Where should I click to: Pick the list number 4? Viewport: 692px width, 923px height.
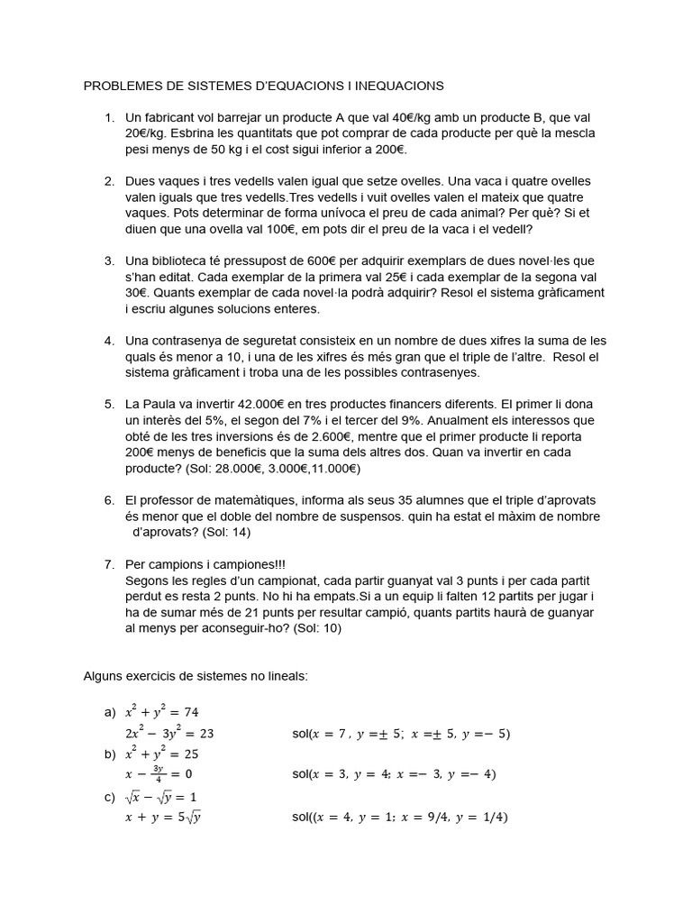tap(109, 341)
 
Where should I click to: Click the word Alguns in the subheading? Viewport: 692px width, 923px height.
tap(105, 675)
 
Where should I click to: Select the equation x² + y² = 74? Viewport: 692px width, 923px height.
tap(162, 712)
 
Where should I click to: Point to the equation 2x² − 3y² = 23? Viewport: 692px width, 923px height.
tap(169, 733)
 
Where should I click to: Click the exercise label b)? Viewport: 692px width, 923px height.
tap(110, 754)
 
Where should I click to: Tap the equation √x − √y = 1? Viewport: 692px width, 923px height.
tap(162, 797)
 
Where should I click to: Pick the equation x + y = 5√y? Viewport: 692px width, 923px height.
tap(162, 818)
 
